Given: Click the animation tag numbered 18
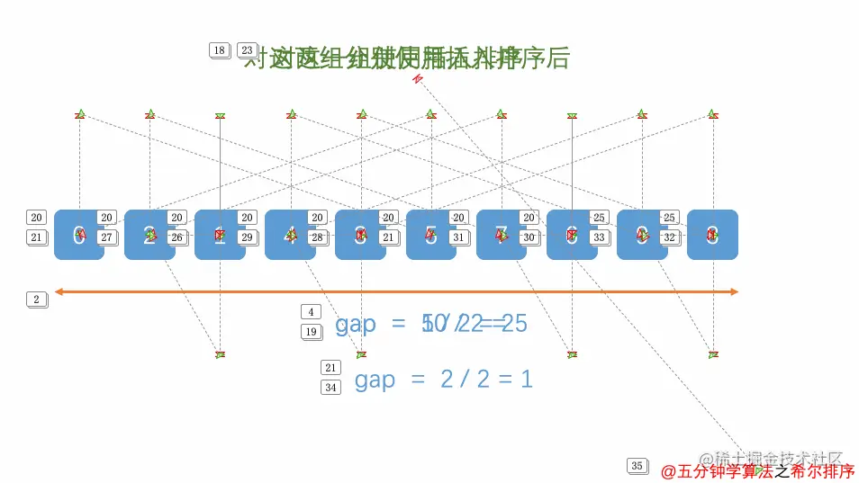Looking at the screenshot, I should (x=219, y=50).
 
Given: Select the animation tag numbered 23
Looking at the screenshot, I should (x=246, y=50).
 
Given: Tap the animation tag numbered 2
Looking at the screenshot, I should (x=36, y=300).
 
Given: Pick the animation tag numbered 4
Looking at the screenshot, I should (x=311, y=312).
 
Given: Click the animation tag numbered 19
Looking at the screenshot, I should (x=311, y=332).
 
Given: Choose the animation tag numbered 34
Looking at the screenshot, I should (x=330, y=388).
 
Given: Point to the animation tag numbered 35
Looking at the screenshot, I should (x=637, y=466).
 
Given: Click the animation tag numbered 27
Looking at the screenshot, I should (x=107, y=237).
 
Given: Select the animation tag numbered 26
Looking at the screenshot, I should (x=177, y=237).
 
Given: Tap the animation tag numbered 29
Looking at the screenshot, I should (x=248, y=237).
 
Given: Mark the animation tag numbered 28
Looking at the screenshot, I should (x=317, y=237).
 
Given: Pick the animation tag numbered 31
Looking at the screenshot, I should (x=458, y=237).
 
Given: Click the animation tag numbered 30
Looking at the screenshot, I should (x=529, y=237).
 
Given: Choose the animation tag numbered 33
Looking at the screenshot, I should (x=599, y=237).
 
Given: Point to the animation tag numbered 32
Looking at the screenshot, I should (x=669, y=237).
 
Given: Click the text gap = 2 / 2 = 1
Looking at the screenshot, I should (x=443, y=380).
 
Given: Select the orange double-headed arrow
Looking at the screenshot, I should (x=396, y=291).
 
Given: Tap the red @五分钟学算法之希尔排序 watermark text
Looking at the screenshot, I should (x=758, y=471).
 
